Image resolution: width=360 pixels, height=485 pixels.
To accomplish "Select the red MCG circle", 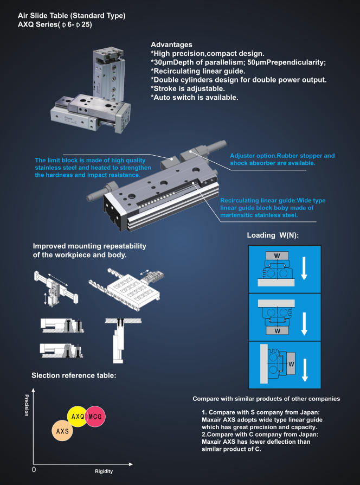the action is pyautogui.click(x=95, y=416).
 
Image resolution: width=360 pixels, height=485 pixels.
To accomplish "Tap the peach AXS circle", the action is pyautogui.click(x=62, y=431).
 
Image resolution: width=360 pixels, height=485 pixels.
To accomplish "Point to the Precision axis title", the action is pyautogui.click(x=27, y=405).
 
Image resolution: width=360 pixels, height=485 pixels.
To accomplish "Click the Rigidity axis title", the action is pyautogui.click(x=104, y=471).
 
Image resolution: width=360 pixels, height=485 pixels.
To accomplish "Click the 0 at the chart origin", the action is pyautogui.click(x=34, y=469).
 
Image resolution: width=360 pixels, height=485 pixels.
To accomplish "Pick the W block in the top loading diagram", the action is pyautogui.click(x=277, y=256).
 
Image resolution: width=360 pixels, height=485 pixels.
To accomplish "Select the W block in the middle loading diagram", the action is pyautogui.click(x=277, y=330).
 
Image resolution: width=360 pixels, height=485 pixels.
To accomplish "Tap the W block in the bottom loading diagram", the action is pyautogui.click(x=291, y=364).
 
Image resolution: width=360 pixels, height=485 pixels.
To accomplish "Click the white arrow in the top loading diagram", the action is pyautogui.click(x=304, y=267).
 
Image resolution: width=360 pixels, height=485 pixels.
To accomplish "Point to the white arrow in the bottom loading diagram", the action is pyautogui.click(x=305, y=369).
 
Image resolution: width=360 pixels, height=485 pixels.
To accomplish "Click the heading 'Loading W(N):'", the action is pyautogui.click(x=273, y=235).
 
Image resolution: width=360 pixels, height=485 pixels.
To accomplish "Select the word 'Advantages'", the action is pyautogui.click(x=171, y=44).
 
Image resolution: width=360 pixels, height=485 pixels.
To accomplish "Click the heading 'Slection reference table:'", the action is pyautogui.click(x=74, y=375).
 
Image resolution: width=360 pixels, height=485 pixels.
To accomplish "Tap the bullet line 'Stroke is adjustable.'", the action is pyautogui.click(x=188, y=88).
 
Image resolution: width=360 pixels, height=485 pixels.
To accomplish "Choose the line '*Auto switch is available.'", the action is pyautogui.click(x=195, y=98).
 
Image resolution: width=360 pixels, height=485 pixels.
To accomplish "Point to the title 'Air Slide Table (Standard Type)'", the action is pyautogui.click(x=72, y=16).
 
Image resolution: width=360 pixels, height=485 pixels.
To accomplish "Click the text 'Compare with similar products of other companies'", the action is pyautogui.click(x=266, y=399).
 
